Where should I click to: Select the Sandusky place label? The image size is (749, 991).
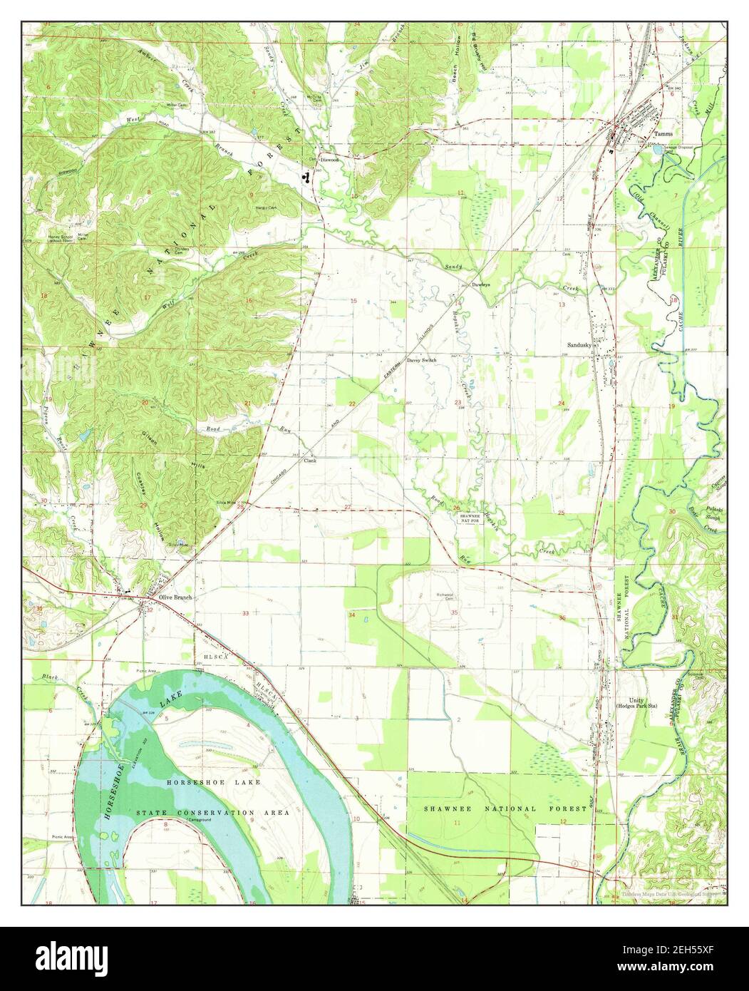pyautogui.click(x=580, y=345)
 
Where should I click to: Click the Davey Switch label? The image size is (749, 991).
pyautogui.click(x=421, y=361)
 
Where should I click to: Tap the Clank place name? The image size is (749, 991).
pyautogui.click(x=310, y=461)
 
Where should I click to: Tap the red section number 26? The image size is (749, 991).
pyautogui.click(x=457, y=508)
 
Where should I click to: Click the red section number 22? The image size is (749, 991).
pyautogui.click(x=352, y=404)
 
